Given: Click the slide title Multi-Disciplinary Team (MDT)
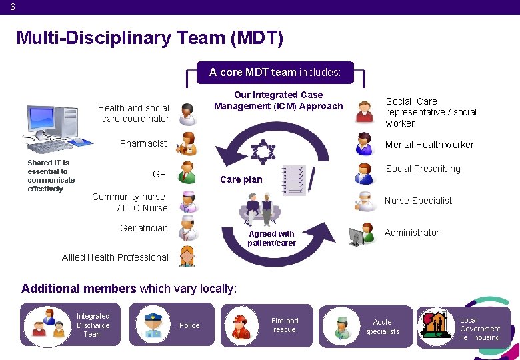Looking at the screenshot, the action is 149,38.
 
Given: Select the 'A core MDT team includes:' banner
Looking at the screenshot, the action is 275,72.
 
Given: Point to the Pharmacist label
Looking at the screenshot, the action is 143,143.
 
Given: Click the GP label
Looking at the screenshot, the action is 159,174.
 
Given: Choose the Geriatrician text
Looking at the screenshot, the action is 144,228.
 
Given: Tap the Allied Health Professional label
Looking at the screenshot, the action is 115,257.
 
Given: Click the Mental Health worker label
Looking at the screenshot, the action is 429,145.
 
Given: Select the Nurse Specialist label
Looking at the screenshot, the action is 418,201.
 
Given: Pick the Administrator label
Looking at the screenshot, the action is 412,233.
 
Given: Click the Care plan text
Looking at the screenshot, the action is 241,179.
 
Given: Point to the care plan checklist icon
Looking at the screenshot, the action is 294,181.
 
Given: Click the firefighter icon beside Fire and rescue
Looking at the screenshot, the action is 240,325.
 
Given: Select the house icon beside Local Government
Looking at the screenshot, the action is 436,325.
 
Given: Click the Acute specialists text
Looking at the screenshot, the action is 383,327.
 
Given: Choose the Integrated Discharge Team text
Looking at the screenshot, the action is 93,325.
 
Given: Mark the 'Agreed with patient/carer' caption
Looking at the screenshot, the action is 271,239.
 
